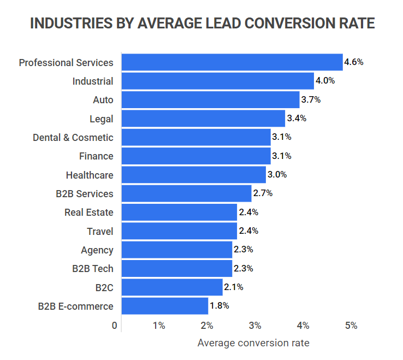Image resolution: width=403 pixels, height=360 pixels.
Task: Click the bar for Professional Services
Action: pyautogui.click(x=232, y=62)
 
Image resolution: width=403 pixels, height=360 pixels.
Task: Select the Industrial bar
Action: pyautogui.click(x=217, y=81)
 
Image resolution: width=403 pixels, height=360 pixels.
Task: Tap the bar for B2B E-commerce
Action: pyautogui.click(x=164, y=306)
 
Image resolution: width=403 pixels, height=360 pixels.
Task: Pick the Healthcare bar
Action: pyautogui.click(x=193, y=175)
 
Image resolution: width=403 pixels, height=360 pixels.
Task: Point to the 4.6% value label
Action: pyautogui.click(x=353, y=62)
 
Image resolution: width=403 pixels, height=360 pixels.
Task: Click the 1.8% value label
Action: pyautogui.click(x=219, y=306)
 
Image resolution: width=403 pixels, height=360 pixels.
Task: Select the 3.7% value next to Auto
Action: pyautogui.click(x=310, y=100)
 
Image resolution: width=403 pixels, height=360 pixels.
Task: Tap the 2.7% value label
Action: pyautogui.click(x=262, y=193)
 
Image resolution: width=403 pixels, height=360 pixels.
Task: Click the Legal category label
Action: pyautogui.click(x=102, y=119)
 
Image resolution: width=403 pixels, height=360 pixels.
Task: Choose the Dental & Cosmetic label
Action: pyautogui.click(x=73, y=138)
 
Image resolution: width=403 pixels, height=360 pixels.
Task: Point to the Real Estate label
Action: pyautogui.click(x=89, y=213)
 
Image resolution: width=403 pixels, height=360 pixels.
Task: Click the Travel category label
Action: pyautogui.click(x=100, y=231)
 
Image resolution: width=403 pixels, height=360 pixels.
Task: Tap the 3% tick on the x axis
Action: pyautogui.click(x=255, y=326)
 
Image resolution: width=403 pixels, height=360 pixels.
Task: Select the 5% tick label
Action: pyautogui.click(x=351, y=326)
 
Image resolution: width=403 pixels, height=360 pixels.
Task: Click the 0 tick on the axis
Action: pyautogui.click(x=115, y=326)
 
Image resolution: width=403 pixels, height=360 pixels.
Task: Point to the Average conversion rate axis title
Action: pyautogui.click(x=253, y=344)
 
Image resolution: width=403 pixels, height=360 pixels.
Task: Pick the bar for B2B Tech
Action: pyautogui.click(x=176, y=268)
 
